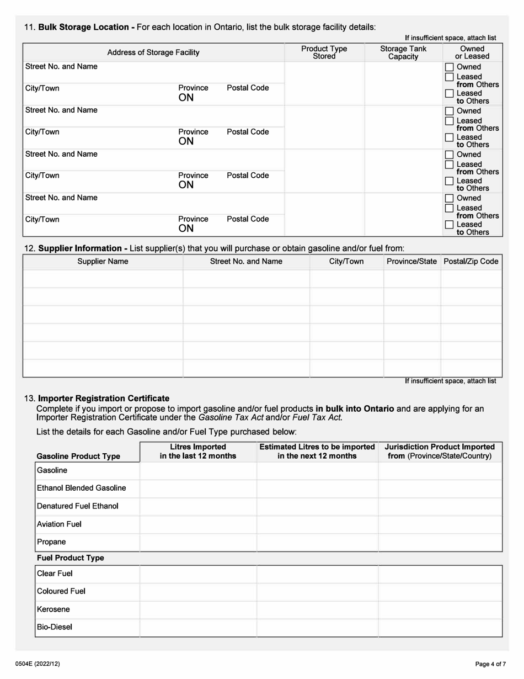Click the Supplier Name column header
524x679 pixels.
tap(103, 261)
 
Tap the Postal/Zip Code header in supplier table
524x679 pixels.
tap(471, 261)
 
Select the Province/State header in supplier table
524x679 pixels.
tap(412, 261)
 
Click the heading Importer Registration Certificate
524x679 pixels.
tap(104, 398)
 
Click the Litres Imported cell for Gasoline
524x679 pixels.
tap(198, 471)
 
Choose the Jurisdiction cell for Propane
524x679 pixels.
tap(440, 542)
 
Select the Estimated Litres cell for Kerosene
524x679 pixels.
tap(317, 609)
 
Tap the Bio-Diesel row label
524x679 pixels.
tap(55, 627)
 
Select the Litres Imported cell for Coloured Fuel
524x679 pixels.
tap(198, 592)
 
